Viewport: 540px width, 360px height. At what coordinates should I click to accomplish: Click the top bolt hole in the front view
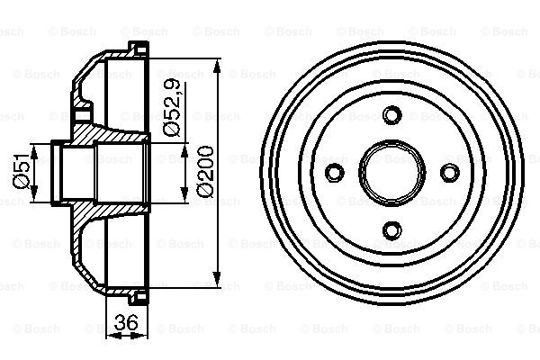[x=391, y=116]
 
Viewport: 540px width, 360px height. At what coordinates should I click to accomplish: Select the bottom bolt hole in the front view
[x=391, y=229]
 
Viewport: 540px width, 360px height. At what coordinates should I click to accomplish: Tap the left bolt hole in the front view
[x=335, y=173]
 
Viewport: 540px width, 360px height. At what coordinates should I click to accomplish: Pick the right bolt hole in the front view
[x=448, y=173]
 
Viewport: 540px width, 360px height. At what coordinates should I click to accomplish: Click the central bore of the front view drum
[x=391, y=173]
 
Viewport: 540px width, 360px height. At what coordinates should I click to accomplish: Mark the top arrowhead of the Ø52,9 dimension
[x=185, y=144]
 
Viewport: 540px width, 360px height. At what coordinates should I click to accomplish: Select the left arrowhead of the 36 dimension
[x=111, y=335]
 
